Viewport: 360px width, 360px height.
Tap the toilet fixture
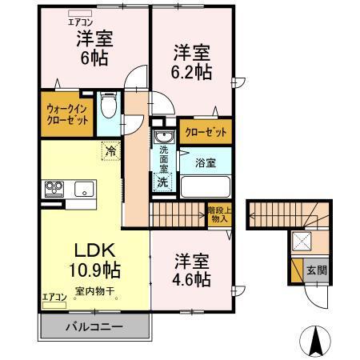(x=110, y=107)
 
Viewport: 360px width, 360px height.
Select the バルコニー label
(x=94, y=327)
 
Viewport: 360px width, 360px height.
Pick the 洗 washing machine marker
(x=162, y=181)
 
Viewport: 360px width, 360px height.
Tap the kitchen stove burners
(x=54, y=190)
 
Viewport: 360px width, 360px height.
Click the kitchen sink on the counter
(x=82, y=190)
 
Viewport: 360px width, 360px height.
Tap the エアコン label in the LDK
(x=55, y=296)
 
